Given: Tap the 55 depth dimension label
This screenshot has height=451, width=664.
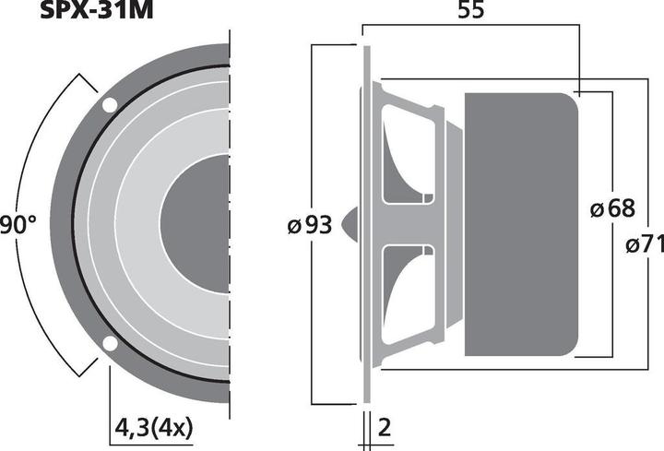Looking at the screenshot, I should click(x=471, y=14).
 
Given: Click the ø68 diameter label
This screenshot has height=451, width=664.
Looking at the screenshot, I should click(x=612, y=209).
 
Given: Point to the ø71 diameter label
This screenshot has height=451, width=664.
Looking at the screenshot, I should click(x=643, y=246).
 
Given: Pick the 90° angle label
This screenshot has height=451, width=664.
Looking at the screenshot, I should click(x=18, y=223).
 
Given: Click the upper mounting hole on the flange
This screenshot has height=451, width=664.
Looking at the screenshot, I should click(x=110, y=105).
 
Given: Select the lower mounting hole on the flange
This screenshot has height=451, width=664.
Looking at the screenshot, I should click(x=110, y=344).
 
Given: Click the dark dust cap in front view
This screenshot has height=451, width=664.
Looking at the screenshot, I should click(x=198, y=224).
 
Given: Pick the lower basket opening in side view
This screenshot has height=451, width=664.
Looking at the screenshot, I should click(x=406, y=293).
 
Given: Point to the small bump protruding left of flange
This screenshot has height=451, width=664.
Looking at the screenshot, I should click(x=350, y=224).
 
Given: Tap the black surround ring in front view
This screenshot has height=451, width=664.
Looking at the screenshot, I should click(x=77, y=224).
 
